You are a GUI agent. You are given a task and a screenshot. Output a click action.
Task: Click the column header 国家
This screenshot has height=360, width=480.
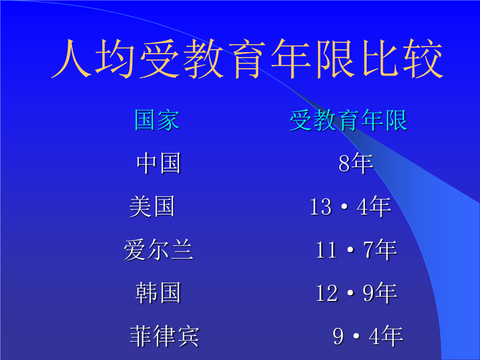156,120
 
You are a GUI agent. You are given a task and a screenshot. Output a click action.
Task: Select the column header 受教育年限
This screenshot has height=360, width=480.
348,120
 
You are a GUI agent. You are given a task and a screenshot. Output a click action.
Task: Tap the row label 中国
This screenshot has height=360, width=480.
159,163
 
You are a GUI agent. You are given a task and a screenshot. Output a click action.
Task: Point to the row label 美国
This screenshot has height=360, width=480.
152,206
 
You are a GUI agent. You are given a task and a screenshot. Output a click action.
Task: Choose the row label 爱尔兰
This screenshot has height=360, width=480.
159,249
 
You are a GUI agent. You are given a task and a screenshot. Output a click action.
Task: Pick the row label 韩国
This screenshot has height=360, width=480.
158,292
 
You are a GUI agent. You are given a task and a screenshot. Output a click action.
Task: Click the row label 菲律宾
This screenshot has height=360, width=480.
165,336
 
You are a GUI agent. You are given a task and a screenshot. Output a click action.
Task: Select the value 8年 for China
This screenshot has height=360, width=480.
356,163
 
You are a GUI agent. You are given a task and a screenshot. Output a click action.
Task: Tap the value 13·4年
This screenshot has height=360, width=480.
351,206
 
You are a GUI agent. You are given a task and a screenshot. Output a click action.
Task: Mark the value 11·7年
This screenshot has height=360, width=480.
357,249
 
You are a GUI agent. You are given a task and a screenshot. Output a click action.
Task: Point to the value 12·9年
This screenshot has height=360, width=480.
357,292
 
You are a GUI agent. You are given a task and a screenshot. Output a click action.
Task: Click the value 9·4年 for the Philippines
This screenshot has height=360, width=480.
368,336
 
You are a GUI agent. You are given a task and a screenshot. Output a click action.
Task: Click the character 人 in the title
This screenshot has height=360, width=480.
72,58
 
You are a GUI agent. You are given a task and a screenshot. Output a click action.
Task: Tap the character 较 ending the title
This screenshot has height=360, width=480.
423,58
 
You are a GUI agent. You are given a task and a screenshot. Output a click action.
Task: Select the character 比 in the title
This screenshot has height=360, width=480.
380,58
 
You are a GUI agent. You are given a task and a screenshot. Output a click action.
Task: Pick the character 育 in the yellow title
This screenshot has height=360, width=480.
248,58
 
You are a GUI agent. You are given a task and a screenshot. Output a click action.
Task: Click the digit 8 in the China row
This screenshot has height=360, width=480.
344,163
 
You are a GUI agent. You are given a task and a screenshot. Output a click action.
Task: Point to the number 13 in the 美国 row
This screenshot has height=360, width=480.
321,207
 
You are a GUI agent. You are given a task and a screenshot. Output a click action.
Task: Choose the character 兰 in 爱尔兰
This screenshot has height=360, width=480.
183,249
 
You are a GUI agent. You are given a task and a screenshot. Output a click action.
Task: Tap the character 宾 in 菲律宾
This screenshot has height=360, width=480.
188,336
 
